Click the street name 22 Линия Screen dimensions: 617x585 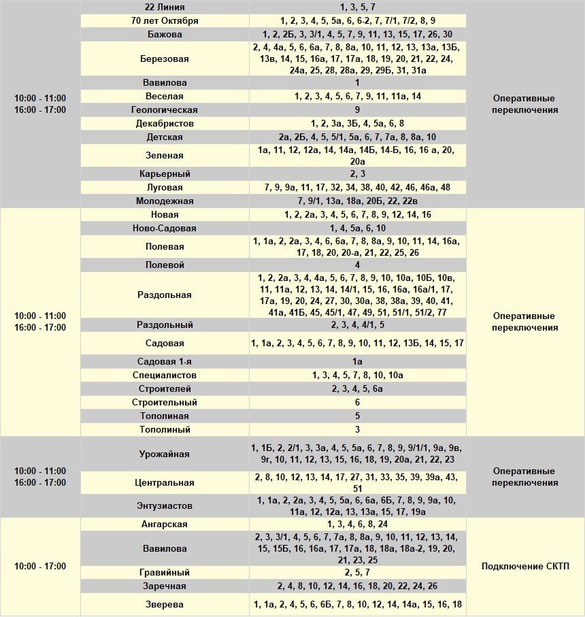(164, 7)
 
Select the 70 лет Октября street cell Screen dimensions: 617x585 (164, 20)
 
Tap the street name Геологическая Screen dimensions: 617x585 (164, 110)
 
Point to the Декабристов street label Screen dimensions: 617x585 (164, 123)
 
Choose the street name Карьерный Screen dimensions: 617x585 (164, 173)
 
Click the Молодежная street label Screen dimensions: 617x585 (164, 201)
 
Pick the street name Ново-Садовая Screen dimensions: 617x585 (164, 228)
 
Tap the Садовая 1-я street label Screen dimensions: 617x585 (164, 361)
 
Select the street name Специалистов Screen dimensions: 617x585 (164, 375)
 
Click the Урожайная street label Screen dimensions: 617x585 (164, 454)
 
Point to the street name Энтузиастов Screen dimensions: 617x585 (164, 506)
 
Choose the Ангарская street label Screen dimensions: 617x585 (164, 524)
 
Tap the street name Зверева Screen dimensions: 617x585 (164, 604)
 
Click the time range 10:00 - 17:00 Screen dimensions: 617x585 (40, 566)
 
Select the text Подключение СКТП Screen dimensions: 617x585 (524, 566)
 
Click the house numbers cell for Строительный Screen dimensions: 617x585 (357, 402)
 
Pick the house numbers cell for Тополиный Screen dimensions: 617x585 (357, 429)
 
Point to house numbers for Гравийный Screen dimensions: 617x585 (357, 572)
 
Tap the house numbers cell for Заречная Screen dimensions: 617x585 (357, 586)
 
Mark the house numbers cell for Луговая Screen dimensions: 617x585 (357, 187)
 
